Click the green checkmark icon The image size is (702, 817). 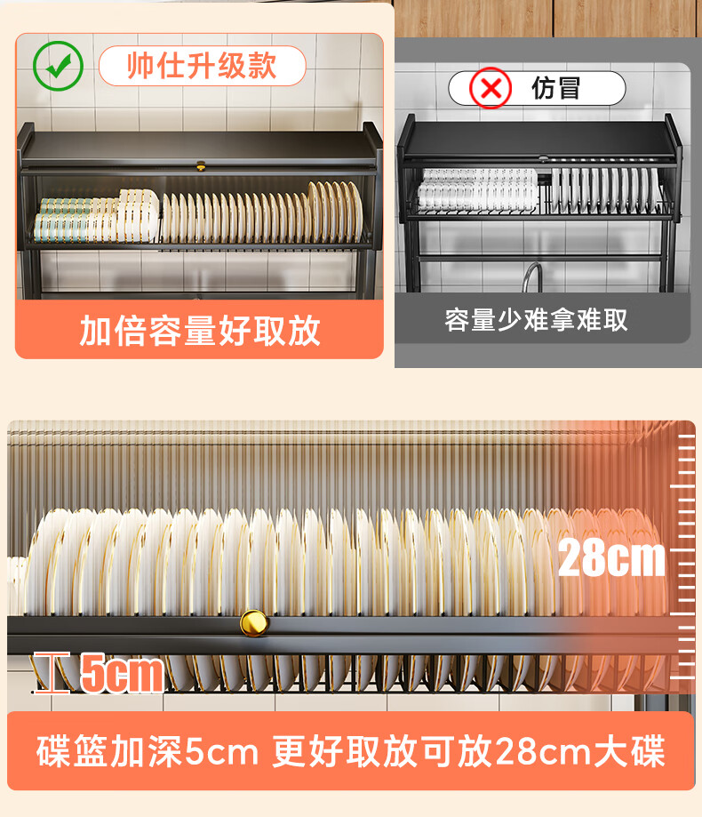(x=58, y=66)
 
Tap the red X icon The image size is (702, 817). (x=491, y=88)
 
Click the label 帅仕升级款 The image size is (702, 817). (x=202, y=66)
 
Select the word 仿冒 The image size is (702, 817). (x=555, y=87)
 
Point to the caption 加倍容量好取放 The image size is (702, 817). (x=199, y=331)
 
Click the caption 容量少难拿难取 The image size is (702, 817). (x=536, y=319)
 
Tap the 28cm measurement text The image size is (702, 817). (x=611, y=557)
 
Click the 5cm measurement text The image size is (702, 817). (x=122, y=673)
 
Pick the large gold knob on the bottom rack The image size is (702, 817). (x=254, y=623)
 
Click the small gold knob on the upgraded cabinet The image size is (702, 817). (x=201, y=166)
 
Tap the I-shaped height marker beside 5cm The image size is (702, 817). (x=52, y=673)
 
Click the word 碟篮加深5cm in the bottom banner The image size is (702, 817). (x=148, y=751)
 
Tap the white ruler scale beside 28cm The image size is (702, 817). (x=682, y=556)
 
